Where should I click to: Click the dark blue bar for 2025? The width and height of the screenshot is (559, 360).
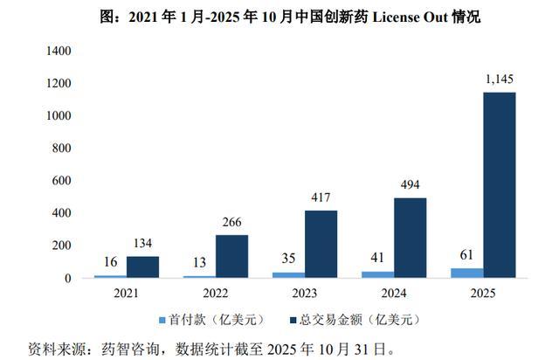[499, 185]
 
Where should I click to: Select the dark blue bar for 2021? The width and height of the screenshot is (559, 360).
[142, 267]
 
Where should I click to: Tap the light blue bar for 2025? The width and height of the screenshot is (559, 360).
[467, 273]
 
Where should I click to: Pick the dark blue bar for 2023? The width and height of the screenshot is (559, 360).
[321, 244]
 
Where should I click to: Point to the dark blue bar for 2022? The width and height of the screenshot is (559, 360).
[231, 256]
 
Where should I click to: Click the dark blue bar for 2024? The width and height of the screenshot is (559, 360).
[410, 238]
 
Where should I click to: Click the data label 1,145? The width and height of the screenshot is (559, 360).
[500, 79]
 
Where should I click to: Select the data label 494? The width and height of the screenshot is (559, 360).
[410, 184]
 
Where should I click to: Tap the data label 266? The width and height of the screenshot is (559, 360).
[231, 222]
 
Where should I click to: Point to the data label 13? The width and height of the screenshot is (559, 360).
[200, 263]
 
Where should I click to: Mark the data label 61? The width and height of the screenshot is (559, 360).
[466, 255]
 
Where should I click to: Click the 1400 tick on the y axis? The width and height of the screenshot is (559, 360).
[59, 51]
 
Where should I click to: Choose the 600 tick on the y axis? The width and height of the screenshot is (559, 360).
[62, 181]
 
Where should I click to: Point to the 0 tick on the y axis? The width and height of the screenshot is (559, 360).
[68, 278]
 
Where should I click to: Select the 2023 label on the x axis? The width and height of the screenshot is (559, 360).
[305, 294]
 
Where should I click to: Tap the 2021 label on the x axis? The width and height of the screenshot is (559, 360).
[126, 294]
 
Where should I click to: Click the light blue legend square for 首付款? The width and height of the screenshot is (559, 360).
[162, 320]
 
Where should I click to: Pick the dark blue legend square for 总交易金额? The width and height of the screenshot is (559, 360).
[293, 320]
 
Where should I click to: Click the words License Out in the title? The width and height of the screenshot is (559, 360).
[410, 17]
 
